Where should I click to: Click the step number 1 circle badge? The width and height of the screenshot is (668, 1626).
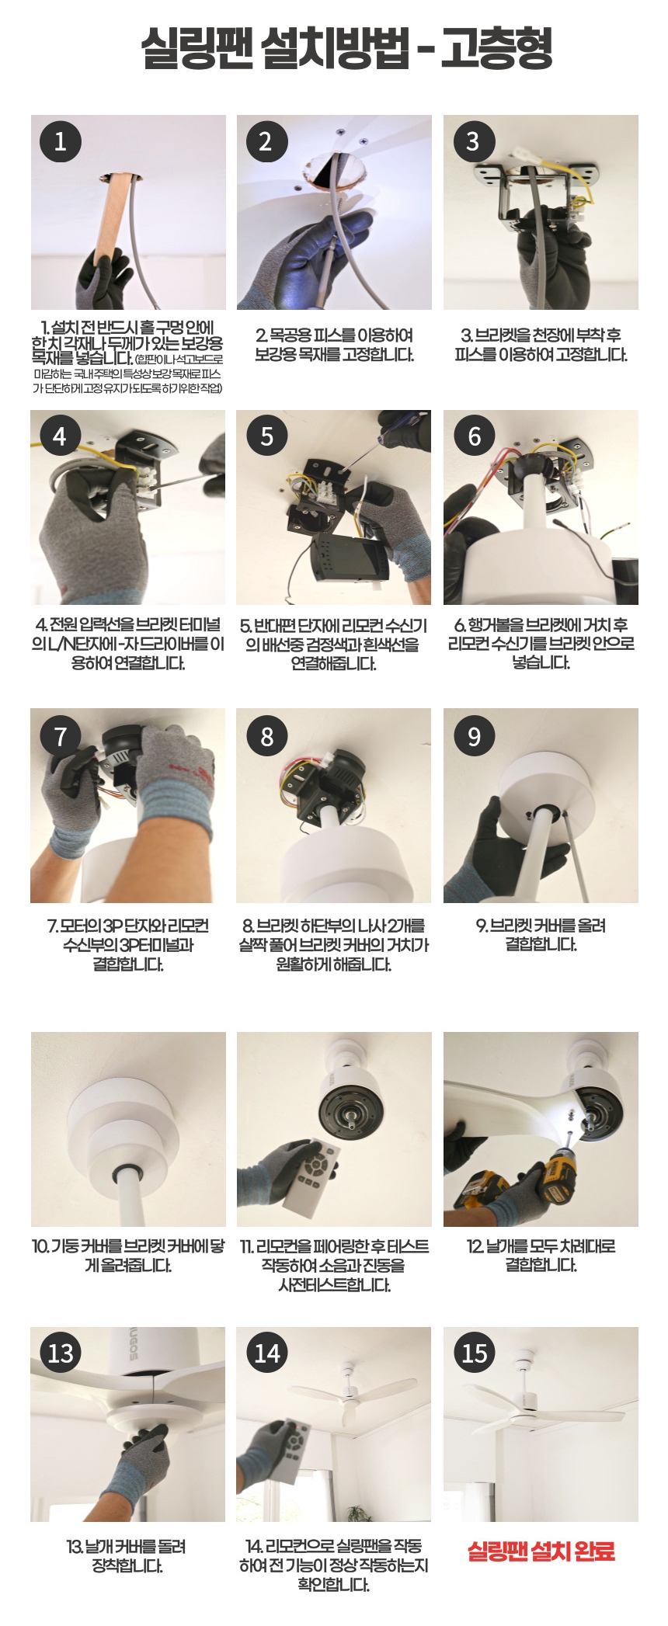click(61, 141)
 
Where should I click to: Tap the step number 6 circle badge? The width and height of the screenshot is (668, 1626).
click(474, 436)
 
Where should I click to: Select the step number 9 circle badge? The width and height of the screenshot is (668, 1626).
click(474, 735)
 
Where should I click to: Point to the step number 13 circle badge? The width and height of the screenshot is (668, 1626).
click(61, 1353)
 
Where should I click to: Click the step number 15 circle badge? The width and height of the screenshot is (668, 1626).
click(474, 1353)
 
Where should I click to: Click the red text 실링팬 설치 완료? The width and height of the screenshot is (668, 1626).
click(541, 1551)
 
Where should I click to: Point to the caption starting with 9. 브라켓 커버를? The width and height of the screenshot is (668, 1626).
click(541, 935)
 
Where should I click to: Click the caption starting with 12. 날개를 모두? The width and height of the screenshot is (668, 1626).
click(541, 1256)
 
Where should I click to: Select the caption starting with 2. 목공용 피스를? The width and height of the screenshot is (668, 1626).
click(334, 345)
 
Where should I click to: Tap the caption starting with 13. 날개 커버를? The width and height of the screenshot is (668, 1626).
click(127, 1556)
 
